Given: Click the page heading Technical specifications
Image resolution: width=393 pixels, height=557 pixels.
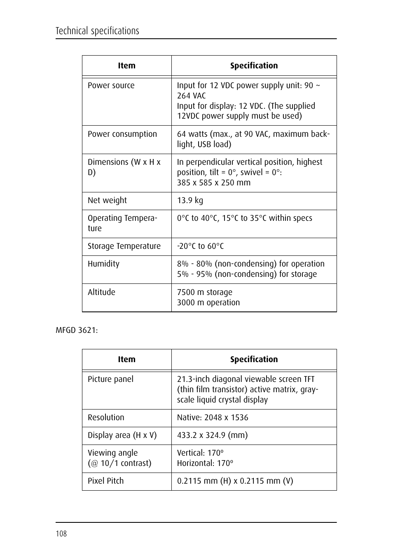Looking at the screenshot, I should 97,31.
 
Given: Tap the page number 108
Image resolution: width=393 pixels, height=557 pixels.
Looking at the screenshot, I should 61,534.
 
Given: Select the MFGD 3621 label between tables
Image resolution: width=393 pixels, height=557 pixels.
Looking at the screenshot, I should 77,330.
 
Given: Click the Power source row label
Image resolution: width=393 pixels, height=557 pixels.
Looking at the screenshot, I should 111,86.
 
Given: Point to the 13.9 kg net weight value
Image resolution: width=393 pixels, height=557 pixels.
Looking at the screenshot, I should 190,201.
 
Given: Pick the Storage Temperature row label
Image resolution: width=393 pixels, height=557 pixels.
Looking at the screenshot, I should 124,246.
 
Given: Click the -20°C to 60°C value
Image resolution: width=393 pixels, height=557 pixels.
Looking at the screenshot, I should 200,246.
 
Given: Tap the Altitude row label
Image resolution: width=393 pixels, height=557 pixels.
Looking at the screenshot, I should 101,293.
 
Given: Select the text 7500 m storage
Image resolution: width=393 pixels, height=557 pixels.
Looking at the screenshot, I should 204,293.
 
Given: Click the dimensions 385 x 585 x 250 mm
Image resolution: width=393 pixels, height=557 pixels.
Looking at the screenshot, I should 213,183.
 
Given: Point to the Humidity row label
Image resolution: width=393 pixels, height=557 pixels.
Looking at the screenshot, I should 103,264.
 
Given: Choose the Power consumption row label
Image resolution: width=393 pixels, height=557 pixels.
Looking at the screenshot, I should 122,134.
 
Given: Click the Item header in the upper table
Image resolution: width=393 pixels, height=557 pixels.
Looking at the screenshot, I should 126,66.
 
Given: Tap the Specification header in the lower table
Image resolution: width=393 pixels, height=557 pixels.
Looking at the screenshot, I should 254,360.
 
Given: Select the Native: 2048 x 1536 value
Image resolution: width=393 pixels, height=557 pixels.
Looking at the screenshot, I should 213,418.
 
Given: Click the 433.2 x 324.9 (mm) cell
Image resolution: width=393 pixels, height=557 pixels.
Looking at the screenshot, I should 212,435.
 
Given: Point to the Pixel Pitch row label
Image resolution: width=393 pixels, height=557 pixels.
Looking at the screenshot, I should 105,481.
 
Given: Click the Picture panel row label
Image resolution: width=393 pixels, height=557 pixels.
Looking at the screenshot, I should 110,379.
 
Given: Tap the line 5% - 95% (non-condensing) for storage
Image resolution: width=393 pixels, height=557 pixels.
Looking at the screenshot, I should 247,274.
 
